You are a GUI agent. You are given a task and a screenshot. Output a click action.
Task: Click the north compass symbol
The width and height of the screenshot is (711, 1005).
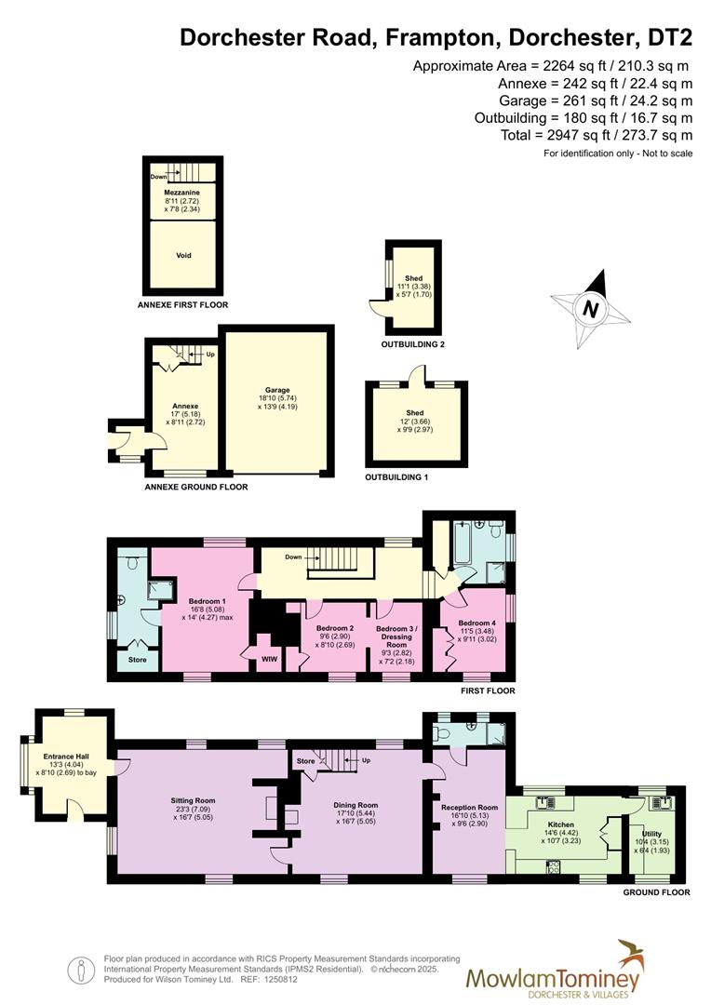(x=589, y=306)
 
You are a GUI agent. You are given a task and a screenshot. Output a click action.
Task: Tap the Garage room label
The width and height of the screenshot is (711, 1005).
(x=276, y=390)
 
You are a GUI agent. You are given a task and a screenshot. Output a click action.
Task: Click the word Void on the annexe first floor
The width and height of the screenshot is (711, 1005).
(x=183, y=254)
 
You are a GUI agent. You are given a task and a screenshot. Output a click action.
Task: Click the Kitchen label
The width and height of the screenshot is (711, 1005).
(x=561, y=824)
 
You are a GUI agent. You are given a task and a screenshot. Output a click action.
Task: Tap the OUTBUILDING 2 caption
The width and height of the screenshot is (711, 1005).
(x=413, y=344)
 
